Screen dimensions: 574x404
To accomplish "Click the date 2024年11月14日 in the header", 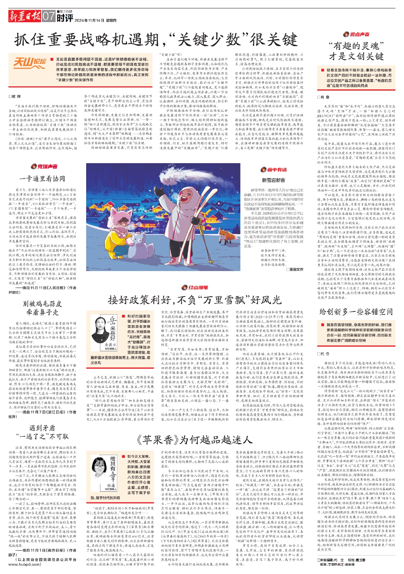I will click(89, 21).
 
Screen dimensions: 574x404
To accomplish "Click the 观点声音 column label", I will click(356, 34).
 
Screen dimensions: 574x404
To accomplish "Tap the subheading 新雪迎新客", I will click(273, 180).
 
